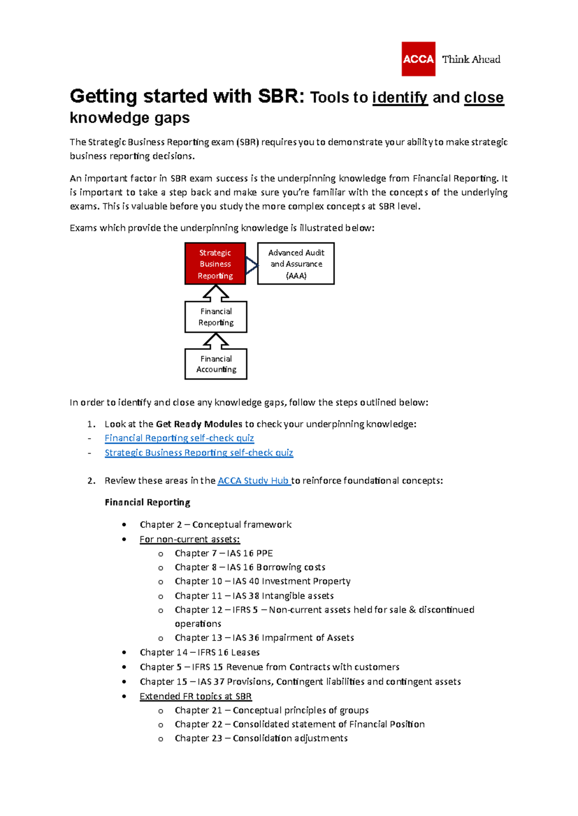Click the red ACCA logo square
[x=418, y=59]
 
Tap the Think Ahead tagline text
[x=471, y=59]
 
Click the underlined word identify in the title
[x=400, y=98]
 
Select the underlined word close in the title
[x=484, y=98]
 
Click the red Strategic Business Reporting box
[x=215, y=264]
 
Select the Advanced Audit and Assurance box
[x=296, y=264]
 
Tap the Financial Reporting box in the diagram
[x=216, y=317]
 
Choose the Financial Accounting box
[x=216, y=364]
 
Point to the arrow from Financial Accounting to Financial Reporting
[x=216, y=341]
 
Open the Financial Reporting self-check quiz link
[x=179, y=438]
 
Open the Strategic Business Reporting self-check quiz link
[x=198, y=453]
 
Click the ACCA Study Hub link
[x=253, y=481]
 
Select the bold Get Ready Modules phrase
[x=199, y=424]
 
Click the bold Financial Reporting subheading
[x=147, y=502]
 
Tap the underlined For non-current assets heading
[x=189, y=539]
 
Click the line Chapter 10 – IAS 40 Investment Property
[x=263, y=581]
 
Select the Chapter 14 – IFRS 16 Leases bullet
[x=199, y=652]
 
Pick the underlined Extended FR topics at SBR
[x=196, y=696]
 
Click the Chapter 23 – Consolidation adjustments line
[x=261, y=738]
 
